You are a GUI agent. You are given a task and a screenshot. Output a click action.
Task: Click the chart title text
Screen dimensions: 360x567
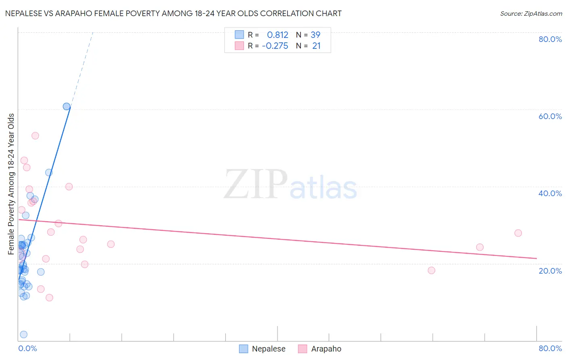[x=173, y=13]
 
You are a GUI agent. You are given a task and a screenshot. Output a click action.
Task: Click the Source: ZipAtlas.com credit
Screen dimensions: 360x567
[x=531, y=13]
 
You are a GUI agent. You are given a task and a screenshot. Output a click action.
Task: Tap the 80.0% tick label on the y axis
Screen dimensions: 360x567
[x=550, y=39]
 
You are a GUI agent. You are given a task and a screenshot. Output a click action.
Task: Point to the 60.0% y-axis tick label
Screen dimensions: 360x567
[x=550, y=116]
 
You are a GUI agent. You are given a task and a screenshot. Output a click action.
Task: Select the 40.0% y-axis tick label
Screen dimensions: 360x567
[x=550, y=193]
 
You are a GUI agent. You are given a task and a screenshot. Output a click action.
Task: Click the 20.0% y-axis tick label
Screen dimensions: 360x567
[x=550, y=270]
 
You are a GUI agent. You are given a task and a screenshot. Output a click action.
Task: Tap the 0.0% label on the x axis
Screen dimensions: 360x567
[x=27, y=348]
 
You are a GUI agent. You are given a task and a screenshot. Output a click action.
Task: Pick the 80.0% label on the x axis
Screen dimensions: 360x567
[x=550, y=348]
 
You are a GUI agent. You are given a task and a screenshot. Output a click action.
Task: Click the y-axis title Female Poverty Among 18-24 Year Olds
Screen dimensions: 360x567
[x=11, y=184]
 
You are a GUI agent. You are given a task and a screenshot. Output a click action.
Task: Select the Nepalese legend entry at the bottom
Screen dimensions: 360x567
[x=263, y=349]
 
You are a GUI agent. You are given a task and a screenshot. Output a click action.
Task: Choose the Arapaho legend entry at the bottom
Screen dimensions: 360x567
[x=320, y=349]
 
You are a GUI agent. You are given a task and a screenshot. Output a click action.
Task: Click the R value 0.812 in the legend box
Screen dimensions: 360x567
[x=277, y=35]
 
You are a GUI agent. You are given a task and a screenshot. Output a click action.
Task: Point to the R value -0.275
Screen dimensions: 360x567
[x=275, y=46]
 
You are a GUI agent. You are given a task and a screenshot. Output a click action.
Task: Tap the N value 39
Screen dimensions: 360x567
[x=315, y=35]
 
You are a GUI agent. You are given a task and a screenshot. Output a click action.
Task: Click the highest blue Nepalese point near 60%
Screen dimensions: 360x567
[x=67, y=107]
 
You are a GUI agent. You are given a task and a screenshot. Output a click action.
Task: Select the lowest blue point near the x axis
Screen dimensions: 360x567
[x=24, y=334]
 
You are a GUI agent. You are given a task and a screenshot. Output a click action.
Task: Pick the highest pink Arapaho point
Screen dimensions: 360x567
[x=35, y=136]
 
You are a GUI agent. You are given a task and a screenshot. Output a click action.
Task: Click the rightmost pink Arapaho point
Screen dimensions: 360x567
[x=518, y=233]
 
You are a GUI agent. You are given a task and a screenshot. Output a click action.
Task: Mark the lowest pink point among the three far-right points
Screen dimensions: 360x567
[x=432, y=270]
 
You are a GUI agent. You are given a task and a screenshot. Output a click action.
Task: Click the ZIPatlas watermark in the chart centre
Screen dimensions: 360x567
[x=290, y=185]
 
